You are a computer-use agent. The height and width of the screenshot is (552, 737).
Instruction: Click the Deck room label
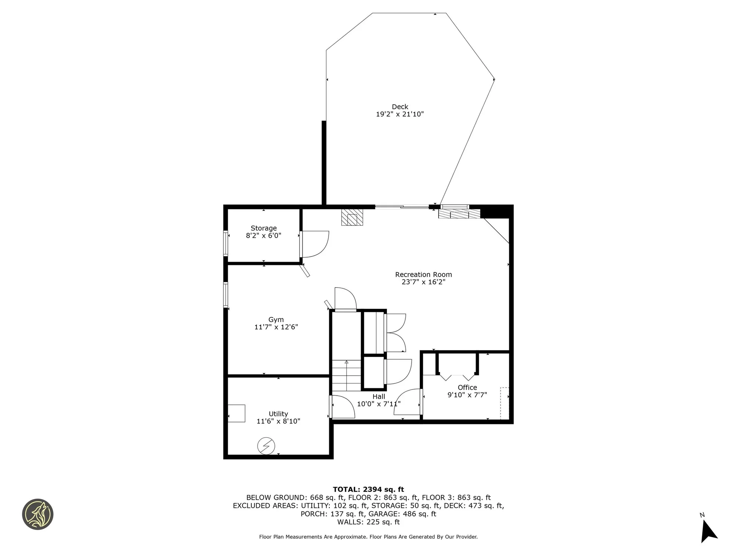[x=400, y=107]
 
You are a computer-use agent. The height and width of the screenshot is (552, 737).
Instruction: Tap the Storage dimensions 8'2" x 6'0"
[x=263, y=236]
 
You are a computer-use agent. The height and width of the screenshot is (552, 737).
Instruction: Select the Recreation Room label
[x=423, y=274]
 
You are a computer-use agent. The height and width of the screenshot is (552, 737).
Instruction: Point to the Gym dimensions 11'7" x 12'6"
[x=276, y=327]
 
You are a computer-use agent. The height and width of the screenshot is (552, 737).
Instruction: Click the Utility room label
[x=278, y=414]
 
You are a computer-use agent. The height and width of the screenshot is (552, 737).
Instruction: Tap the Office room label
[x=467, y=388]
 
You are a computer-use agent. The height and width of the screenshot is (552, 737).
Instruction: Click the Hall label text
[x=378, y=396]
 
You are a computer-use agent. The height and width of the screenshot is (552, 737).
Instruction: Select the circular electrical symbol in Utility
[x=266, y=446]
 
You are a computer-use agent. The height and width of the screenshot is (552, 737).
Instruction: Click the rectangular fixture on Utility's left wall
[x=236, y=413]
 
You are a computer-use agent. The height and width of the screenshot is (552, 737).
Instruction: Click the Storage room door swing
[x=315, y=243]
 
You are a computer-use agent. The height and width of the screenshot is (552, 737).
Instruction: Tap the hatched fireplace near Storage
[x=352, y=217]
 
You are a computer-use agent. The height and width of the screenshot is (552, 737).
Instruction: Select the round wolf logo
[x=38, y=514]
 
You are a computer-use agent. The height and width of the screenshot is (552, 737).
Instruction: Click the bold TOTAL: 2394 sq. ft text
[x=368, y=489]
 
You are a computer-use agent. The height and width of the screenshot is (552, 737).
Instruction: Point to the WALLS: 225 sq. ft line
[x=368, y=522]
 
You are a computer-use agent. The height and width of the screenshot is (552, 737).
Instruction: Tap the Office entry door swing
[x=408, y=402]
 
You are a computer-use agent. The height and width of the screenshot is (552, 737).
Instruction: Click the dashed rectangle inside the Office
[x=504, y=403]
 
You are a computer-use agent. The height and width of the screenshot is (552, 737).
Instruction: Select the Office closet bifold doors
[x=457, y=377]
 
